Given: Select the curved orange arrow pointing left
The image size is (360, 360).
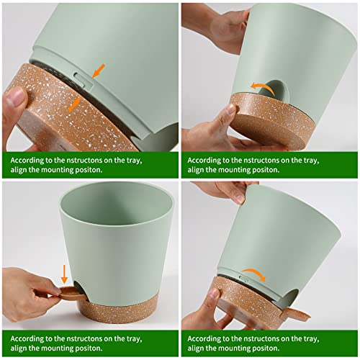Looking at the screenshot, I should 261,86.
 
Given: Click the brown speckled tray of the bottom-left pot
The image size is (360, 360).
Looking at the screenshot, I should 122,310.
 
